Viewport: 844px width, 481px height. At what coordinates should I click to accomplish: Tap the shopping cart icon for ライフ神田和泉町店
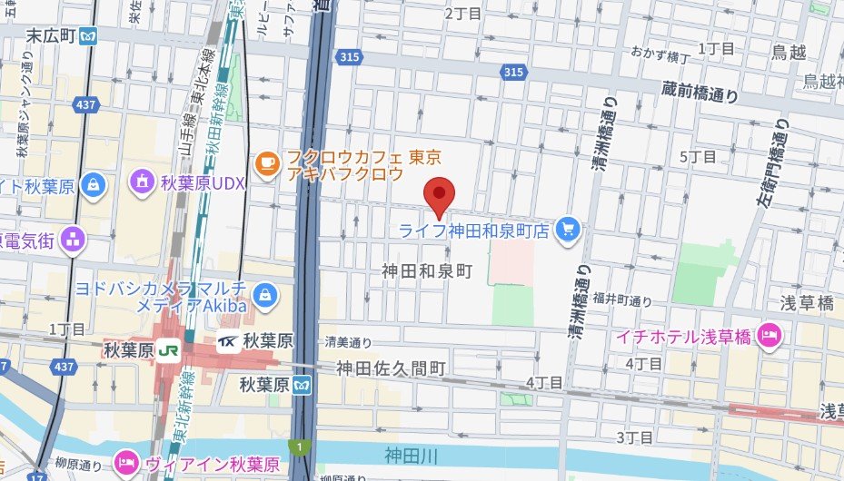click(569, 231)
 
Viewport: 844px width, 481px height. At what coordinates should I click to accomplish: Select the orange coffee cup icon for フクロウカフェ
click(266, 162)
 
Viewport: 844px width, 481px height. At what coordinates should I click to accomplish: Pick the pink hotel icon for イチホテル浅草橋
click(770, 336)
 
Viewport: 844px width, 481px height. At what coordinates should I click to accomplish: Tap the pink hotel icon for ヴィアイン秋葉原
click(126, 464)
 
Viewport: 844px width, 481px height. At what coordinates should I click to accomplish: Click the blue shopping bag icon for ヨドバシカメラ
click(265, 294)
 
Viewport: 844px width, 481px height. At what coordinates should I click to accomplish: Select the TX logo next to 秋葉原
click(228, 342)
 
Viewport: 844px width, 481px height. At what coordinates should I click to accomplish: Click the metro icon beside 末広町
click(88, 36)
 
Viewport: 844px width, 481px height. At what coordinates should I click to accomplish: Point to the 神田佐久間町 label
click(391, 368)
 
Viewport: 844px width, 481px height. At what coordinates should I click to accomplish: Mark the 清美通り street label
click(349, 342)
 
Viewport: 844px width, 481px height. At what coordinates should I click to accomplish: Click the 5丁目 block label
click(700, 157)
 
